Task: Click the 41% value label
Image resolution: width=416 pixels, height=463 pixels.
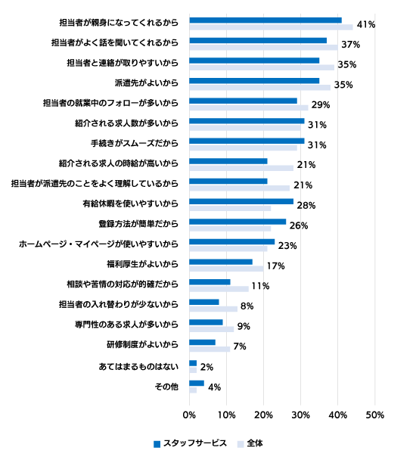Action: pyautogui.click(x=366, y=24)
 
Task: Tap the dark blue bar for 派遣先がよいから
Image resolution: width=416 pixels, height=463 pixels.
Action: pyautogui.click(x=254, y=81)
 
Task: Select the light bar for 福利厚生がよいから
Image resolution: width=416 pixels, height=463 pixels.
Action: pyautogui.click(x=226, y=269)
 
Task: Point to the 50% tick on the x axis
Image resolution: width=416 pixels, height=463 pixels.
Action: pyautogui.click(x=374, y=415)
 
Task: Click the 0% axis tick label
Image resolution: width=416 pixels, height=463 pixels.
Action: pyautogui.click(x=189, y=415)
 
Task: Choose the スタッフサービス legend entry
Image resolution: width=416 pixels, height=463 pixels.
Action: pyautogui.click(x=190, y=443)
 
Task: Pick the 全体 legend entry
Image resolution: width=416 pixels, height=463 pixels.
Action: pyautogui.click(x=250, y=443)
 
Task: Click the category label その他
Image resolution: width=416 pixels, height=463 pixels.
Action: pyautogui.click(x=166, y=387)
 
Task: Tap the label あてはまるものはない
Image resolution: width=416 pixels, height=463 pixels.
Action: pyautogui.click(x=138, y=366)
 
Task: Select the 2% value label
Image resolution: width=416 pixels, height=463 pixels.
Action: pyautogui.click(x=206, y=367)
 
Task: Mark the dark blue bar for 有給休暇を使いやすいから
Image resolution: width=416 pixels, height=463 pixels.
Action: pyautogui.click(x=241, y=201)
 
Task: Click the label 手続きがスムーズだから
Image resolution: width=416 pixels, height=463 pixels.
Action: pyautogui.click(x=135, y=143)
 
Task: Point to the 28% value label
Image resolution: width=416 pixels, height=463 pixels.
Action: pyautogui.click(x=306, y=205)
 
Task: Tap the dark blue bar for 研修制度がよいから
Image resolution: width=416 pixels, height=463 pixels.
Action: pyautogui.click(x=202, y=342)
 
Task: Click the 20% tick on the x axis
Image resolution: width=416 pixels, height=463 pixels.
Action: pyautogui.click(x=263, y=415)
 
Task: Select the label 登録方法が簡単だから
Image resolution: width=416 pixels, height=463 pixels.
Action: pyautogui.click(x=138, y=224)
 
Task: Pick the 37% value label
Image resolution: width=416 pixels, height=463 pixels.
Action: pyautogui.click(x=351, y=45)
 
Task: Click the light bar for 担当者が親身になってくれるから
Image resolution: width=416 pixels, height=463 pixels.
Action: pyautogui.click(x=271, y=27)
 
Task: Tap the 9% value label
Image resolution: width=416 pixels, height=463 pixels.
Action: pyautogui.click(x=244, y=326)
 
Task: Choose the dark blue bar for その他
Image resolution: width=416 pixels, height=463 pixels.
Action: pyautogui.click(x=197, y=384)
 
